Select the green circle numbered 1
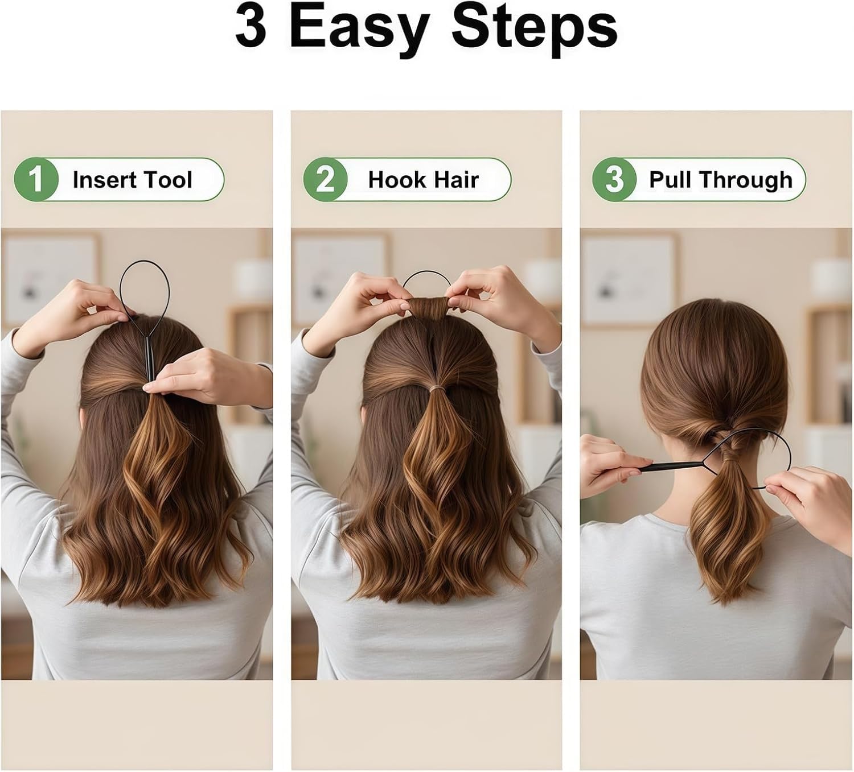(36, 179)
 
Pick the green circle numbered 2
(325, 179)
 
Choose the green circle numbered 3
(614, 179)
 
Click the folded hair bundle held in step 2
(427, 307)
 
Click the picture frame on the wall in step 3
(629, 279)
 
